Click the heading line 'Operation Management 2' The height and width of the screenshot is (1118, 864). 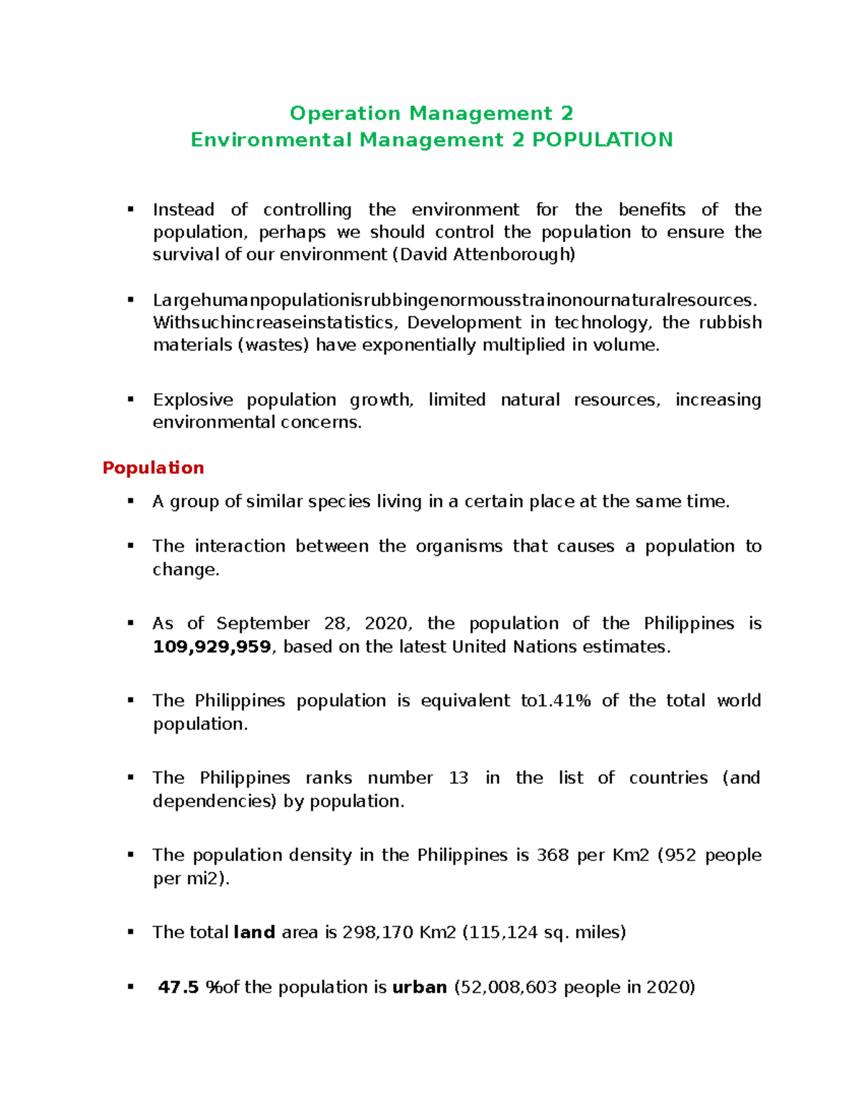431,114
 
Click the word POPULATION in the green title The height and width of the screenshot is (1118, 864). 602,140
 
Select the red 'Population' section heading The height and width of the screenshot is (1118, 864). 153,468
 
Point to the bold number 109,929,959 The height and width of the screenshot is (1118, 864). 212,647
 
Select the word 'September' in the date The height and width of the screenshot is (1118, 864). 263,623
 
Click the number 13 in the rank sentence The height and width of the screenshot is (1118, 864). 458,778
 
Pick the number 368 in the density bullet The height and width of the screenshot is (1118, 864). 552,855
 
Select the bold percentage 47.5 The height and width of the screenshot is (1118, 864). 178,988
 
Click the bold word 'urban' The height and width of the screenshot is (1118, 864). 419,988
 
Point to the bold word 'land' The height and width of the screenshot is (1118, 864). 254,933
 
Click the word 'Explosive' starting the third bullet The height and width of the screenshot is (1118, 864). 192,400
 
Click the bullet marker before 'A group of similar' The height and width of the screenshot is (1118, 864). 130,501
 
